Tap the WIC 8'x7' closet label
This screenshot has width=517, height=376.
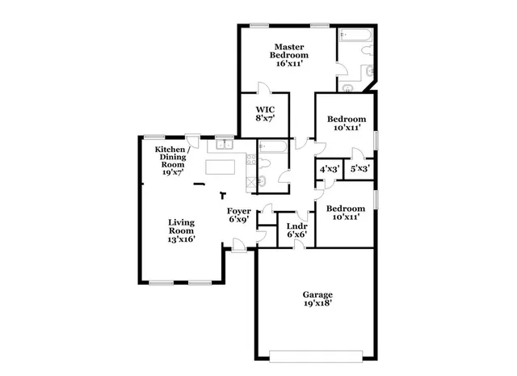pyautogui.click(x=266, y=114)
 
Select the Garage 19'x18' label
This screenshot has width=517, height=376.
pyautogui.click(x=317, y=299)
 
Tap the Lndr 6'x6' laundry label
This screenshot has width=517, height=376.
pyautogui.click(x=296, y=230)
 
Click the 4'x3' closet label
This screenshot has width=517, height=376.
pyautogui.click(x=330, y=170)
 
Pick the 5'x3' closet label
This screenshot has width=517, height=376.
pyautogui.click(x=360, y=170)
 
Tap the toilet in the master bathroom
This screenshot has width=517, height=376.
pyautogui.click(x=367, y=53)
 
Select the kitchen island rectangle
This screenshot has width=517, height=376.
pyautogui.click(x=225, y=168)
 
